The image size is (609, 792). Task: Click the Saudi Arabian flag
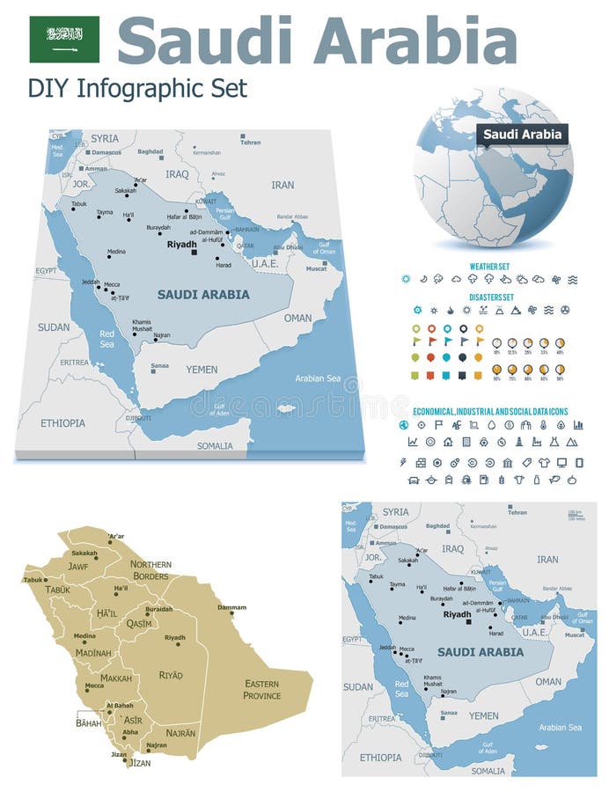pyautogui.click(x=64, y=40)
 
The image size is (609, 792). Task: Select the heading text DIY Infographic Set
pyautogui.click(x=137, y=88)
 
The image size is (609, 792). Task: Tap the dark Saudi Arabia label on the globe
pyautogui.click(x=523, y=135)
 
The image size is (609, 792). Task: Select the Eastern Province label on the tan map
pyautogui.click(x=261, y=689)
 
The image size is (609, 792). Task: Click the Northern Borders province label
pyautogui.click(x=150, y=569)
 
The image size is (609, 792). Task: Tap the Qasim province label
pyautogui.click(x=139, y=623)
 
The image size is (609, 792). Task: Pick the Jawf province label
pyautogui.click(x=79, y=568)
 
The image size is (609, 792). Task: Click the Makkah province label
pyautogui.click(x=116, y=678)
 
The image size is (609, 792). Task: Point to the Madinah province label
pyautogui.click(x=93, y=653)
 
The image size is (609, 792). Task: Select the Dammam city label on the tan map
pyautogui.click(x=231, y=607)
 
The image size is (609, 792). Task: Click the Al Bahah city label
pyautogui.click(x=120, y=706)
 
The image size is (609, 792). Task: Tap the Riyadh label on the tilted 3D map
pyautogui.click(x=181, y=244)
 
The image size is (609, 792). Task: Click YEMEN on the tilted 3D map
pyautogui.click(x=202, y=370)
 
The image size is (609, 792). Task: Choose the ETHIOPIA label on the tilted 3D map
pyautogui.click(x=62, y=422)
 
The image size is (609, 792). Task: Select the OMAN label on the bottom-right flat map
pyautogui.click(x=547, y=681)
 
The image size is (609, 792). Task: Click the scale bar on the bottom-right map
pyautogui.click(x=575, y=514)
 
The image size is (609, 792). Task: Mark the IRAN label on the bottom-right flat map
pyautogui.click(x=547, y=559)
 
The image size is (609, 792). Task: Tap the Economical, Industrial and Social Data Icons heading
pyautogui.click(x=490, y=411)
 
